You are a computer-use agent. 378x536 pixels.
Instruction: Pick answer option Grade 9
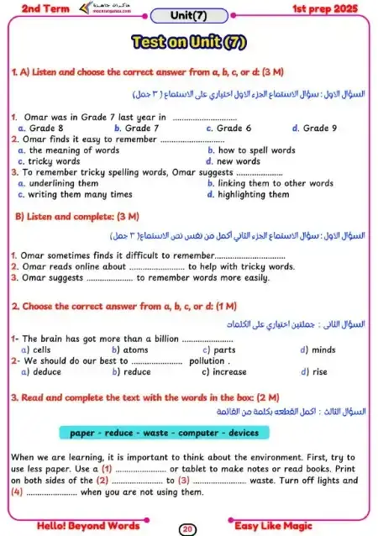click(x=320, y=129)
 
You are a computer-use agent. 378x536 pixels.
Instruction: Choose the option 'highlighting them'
click(x=254, y=194)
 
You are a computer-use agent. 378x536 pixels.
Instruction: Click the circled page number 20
click(x=188, y=528)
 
